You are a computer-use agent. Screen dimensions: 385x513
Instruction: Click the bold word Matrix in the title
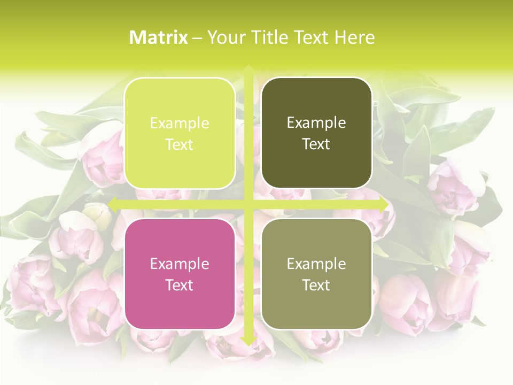159,37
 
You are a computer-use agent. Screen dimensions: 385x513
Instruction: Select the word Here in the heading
355,37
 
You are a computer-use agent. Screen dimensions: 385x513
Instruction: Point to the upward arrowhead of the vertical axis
248,69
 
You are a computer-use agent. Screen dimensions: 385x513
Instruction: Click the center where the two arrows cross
248,204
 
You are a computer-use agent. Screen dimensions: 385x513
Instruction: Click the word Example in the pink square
180,264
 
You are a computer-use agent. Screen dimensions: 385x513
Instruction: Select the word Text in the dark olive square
316,144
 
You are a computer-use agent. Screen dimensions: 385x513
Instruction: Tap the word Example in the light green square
180,123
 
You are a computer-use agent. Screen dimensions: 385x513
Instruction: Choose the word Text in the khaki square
316,285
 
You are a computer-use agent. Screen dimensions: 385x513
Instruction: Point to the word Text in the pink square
180,285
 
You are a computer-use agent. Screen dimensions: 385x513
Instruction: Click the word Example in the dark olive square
316,123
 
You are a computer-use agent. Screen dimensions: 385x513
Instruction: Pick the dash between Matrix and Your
197,38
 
